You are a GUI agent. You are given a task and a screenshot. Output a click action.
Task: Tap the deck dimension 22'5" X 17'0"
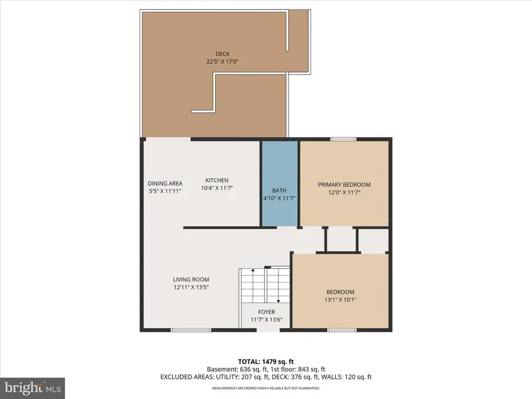tap(213, 60)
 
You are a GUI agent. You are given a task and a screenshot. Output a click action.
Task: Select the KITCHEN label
tap(217, 180)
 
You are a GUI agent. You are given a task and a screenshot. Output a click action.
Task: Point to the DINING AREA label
tap(165, 183)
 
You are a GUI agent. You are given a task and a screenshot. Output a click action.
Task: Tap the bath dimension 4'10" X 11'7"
tap(280, 199)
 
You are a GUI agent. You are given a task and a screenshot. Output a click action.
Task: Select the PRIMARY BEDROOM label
tap(345, 184)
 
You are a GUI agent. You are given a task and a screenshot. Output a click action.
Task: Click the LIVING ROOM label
tap(191, 280)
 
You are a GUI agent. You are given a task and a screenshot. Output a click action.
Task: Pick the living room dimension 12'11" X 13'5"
tap(191, 287)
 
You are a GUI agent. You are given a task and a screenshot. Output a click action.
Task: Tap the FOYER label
tap(266, 312)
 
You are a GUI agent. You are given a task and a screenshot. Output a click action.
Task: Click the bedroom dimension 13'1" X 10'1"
tap(340, 300)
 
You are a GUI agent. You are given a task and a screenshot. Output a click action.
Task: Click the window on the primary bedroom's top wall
tap(343, 140)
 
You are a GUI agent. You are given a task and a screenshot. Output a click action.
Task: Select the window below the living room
tap(191, 329)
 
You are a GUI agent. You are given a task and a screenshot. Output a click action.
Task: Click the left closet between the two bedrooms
tap(340, 239)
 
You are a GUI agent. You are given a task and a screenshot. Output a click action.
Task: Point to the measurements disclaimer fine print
tap(266, 388)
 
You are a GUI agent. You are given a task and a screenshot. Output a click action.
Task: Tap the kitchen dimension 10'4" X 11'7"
tap(217, 188)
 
